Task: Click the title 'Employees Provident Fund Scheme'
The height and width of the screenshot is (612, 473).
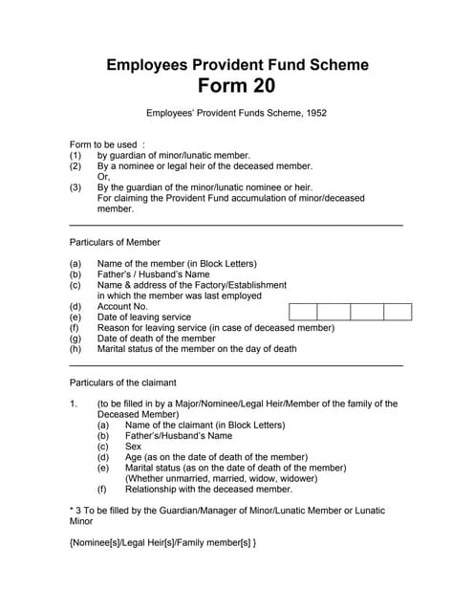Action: [x=236, y=65]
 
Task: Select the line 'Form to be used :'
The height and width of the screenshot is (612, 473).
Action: [x=107, y=144]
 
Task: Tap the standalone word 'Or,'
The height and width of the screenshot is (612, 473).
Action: [x=103, y=177]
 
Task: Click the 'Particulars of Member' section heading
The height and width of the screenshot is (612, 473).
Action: [x=115, y=242]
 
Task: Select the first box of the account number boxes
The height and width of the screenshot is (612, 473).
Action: [x=302, y=311]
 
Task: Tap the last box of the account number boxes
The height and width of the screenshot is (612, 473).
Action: [x=397, y=311]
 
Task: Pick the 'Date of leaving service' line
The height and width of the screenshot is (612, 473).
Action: [x=144, y=317]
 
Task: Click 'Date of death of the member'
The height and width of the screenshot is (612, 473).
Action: [x=157, y=339]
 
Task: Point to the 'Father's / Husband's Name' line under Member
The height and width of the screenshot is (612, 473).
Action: [x=153, y=274]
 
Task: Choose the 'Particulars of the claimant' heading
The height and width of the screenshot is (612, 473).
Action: [x=122, y=382]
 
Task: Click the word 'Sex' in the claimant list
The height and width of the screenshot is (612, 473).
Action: [x=133, y=447]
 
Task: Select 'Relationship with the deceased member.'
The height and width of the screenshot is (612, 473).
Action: [x=208, y=490]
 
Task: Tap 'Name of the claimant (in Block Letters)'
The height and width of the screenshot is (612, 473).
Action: [x=204, y=426]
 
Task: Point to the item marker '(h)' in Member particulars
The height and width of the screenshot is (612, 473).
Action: [x=75, y=349]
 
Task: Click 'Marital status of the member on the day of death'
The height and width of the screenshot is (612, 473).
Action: [x=197, y=349]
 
